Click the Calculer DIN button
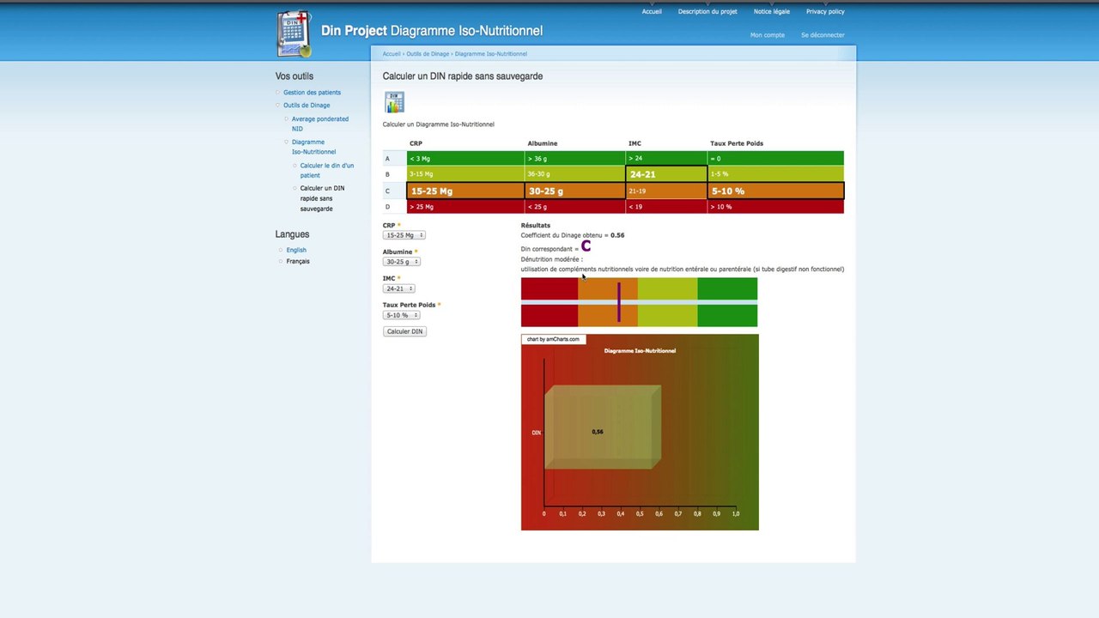404,331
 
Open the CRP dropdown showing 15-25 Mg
404,235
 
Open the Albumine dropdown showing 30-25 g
402,262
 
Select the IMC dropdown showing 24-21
399,288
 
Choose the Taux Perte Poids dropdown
401,315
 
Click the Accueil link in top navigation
652,12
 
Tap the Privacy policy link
824,12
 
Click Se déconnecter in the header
823,35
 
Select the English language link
296,250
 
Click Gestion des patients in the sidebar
312,93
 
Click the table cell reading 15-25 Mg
465,191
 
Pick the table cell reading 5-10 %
775,191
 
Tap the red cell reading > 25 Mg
465,207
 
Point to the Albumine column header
542,143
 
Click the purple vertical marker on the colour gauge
618,302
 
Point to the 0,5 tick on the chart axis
640,514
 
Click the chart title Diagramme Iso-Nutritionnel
640,351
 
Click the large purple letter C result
586,247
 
